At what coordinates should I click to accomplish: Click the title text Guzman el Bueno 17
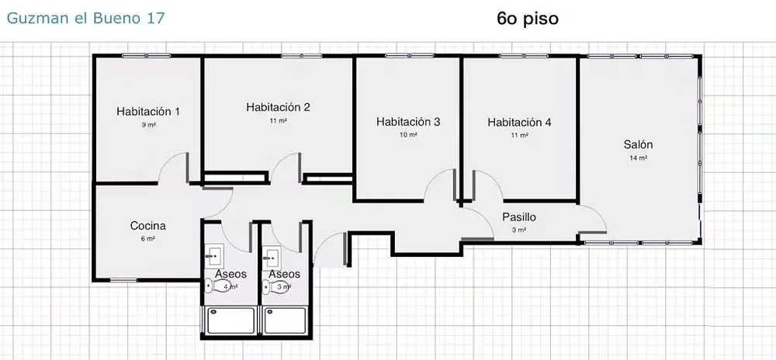(85, 19)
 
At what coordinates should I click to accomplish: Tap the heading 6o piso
(528, 19)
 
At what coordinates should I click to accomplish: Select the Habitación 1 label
(148, 111)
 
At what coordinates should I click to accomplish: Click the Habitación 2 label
(278, 107)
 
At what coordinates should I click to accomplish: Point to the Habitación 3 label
(408, 121)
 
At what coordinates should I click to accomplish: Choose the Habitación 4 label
(519, 122)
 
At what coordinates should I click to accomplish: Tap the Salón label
(638, 144)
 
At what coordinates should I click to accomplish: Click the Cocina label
(148, 226)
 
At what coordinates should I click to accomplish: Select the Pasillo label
(519, 216)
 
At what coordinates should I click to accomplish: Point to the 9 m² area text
(148, 125)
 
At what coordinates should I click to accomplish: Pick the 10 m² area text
(408, 135)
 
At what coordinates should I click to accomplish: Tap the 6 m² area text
(148, 239)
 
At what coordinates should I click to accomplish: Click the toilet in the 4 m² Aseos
(217, 286)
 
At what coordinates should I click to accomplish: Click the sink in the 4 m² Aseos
(214, 256)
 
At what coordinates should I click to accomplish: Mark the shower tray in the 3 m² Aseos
(285, 320)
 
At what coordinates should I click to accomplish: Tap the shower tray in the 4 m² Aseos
(230, 320)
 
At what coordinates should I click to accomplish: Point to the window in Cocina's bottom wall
(123, 280)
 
